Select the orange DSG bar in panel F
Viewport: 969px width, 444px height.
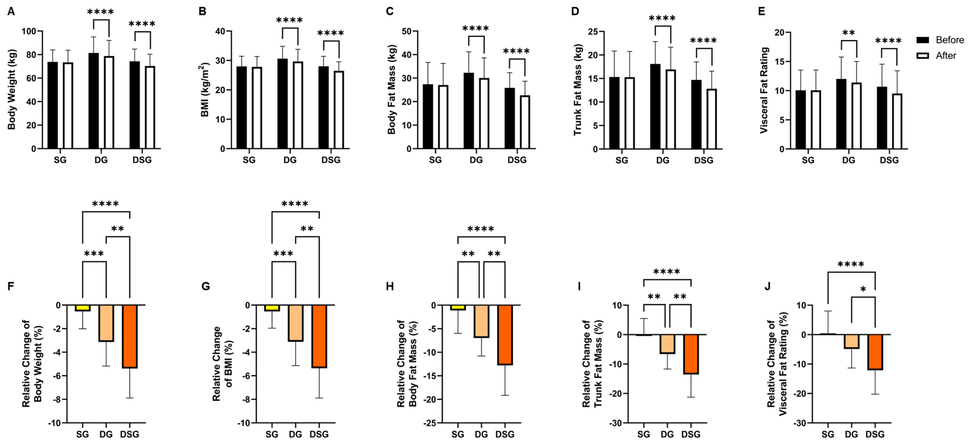tap(130, 336)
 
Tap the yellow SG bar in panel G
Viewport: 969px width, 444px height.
tap(272, 308)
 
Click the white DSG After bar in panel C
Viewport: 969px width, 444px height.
tap(525, 122)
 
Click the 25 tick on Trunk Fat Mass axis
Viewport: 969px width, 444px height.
tap(593, 32)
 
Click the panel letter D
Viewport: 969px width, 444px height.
tap(575, 11)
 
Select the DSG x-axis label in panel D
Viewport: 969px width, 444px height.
tap(703, 160)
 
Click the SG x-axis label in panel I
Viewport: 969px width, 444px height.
tap(643, 434)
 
